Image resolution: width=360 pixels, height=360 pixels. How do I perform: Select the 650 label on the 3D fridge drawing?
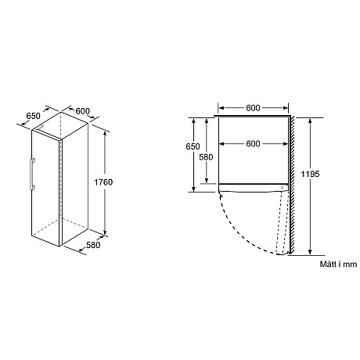33,115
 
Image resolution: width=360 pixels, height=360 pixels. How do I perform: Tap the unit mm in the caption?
349,265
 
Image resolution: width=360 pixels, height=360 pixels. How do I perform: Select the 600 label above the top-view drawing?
253,108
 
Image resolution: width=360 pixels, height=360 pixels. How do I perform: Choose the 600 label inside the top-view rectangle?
253,143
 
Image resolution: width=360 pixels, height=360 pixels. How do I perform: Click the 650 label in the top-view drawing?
204,147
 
